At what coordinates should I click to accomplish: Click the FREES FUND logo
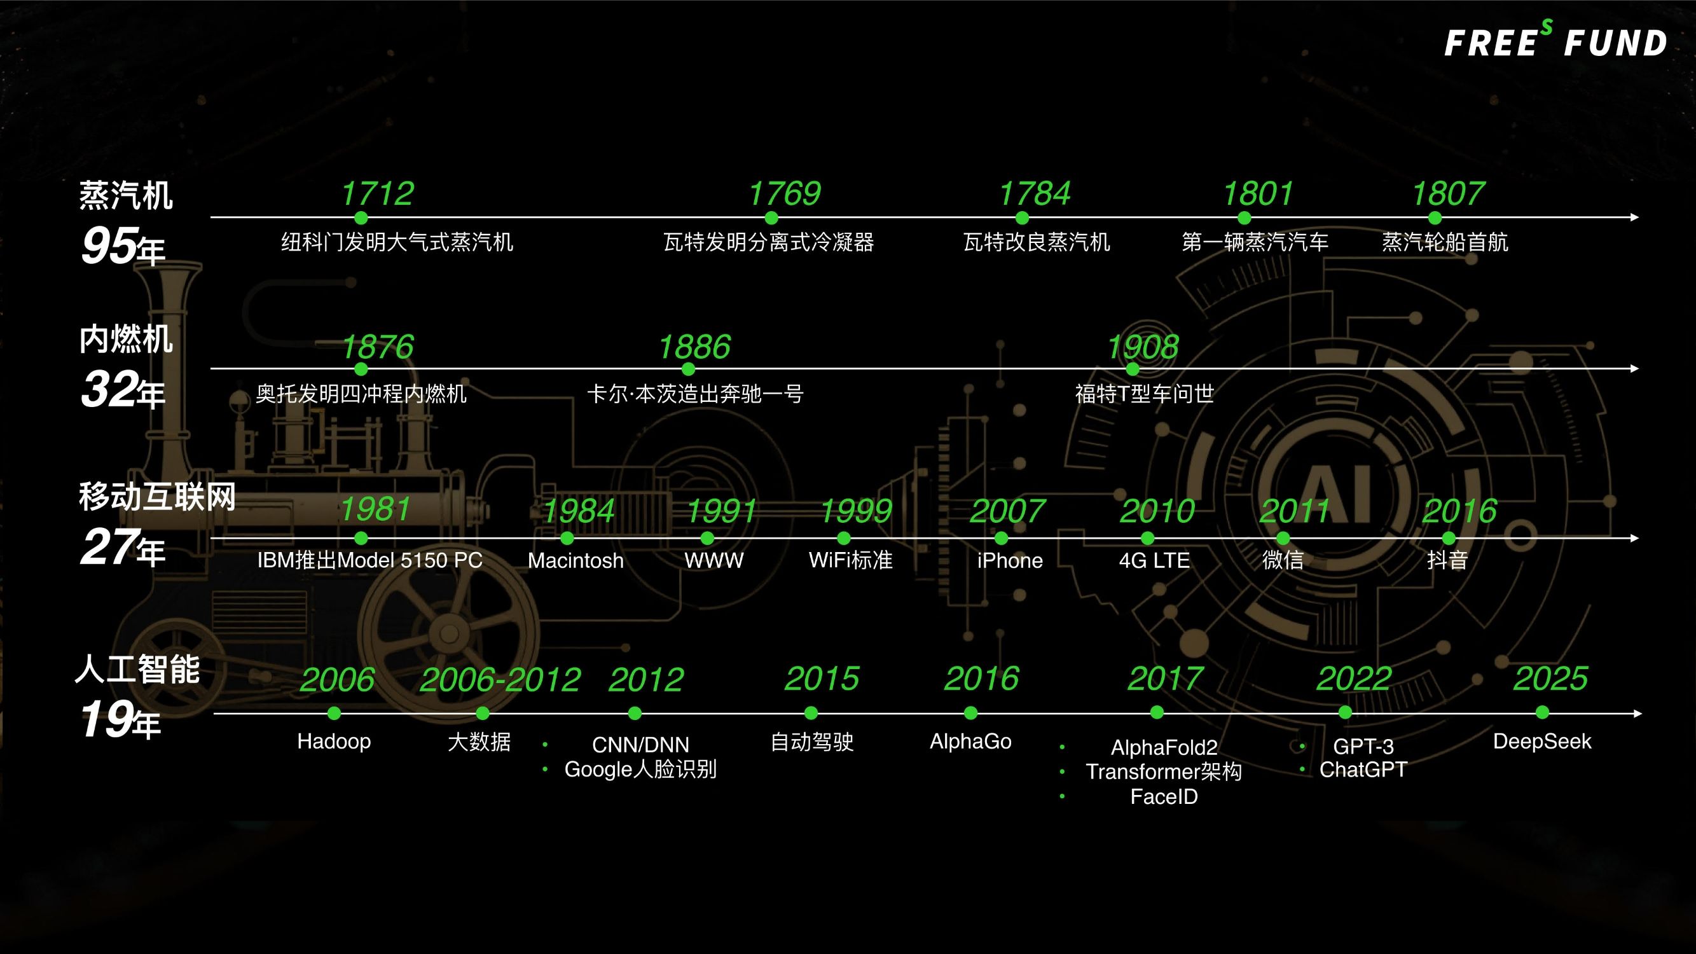click(x=1555, y=41)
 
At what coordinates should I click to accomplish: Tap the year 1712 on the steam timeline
click(x=377, y=193)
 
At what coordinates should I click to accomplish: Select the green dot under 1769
click(x=771, y=218)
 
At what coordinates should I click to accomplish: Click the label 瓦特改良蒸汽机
click(x=1037, y=242)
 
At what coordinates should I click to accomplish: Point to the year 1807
click(x=1448, y=193)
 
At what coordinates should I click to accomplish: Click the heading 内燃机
click(x=126, y=338)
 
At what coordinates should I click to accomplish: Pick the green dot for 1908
click(x=1133, y=369)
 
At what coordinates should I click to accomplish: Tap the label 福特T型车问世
click(x=1144, y=394)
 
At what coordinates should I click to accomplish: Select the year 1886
click(x=694, y=347)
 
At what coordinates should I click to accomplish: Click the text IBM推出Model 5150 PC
click(x=369, y=560)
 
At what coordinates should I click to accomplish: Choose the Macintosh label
click(x=576, y=560)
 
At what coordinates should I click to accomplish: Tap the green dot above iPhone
click(x=1002, y=539)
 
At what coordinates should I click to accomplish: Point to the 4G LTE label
click(x=1154, y=560)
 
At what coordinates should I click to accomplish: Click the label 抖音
click(x=1447, y=560)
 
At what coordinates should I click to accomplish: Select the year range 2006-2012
click(x=500, y=679)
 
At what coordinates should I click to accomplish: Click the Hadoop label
click(x=334, y=742)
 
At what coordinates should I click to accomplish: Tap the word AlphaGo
click(x=970, y=742)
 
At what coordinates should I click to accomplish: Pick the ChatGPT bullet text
click(x=1363, y=769)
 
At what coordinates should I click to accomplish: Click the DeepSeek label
click(x=1542, y=742)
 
